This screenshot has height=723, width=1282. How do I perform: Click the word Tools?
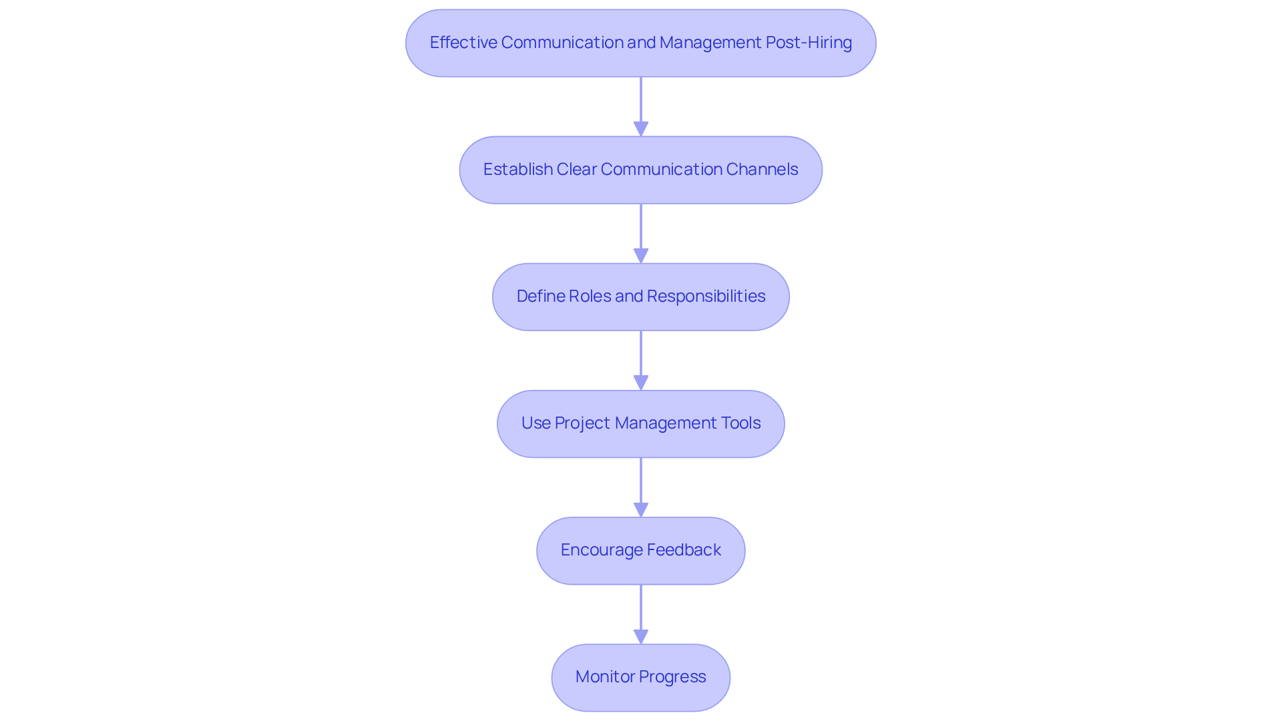(x=740, y=423)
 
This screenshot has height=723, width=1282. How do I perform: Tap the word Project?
(x=582, y=423)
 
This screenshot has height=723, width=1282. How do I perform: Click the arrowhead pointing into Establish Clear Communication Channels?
(x=641, y=129)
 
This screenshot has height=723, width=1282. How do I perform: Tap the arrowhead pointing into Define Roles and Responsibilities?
(x=641, y=256)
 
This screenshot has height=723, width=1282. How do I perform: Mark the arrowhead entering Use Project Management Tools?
(x=641, y=383)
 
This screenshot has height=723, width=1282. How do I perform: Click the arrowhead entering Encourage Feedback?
(x=641, y=509)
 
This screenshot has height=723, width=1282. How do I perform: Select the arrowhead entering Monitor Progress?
(x=641, y=636)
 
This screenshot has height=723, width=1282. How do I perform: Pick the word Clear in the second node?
(x=576, y=170)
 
